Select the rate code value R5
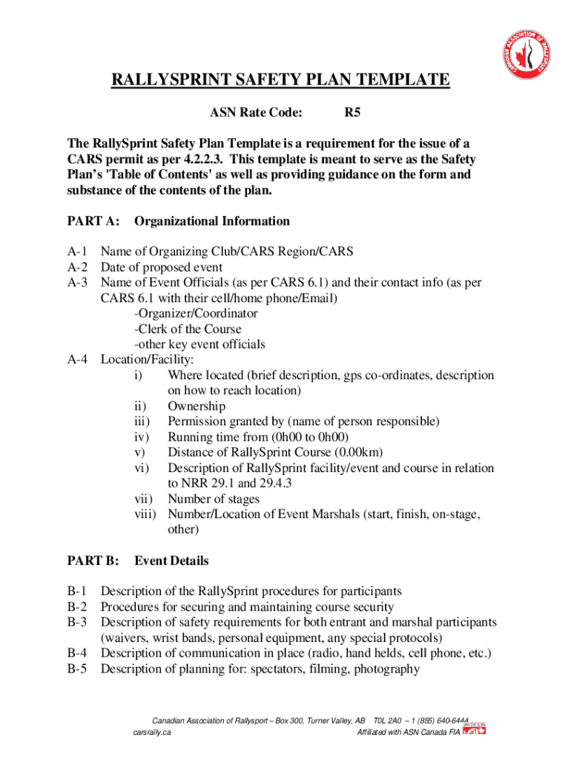pos(352,114)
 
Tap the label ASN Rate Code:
pos(256,114)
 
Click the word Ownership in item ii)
pos(197,406)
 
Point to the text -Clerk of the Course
pos(188,329)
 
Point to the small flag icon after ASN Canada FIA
pos(475,733)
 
